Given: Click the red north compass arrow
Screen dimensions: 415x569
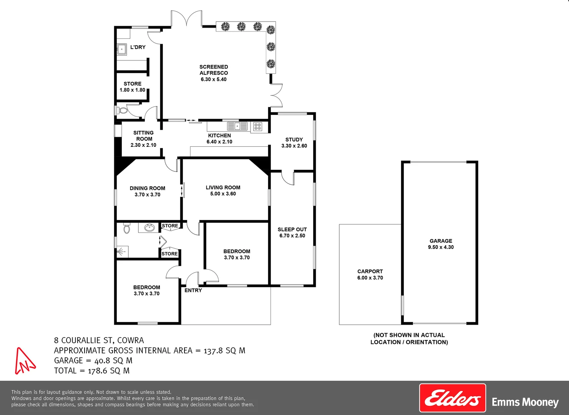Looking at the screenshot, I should point(25,361).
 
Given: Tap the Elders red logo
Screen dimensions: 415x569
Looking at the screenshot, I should point(452,398).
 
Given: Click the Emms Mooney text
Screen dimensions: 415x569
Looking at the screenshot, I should point(525,402).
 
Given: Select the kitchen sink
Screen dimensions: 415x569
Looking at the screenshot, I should point(237,126).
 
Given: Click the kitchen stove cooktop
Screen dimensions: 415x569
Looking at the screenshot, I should point(257,126).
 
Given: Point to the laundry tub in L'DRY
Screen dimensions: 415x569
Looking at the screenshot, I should point(122,50).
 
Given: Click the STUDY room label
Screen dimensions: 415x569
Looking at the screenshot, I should point(294,139).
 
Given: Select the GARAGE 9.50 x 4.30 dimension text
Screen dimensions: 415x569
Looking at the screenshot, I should point(441,247).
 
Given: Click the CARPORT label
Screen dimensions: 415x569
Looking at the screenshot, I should point(370,271).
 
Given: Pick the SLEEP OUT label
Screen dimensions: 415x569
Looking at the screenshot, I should point(292,229).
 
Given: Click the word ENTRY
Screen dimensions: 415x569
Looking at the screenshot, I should point(193,290).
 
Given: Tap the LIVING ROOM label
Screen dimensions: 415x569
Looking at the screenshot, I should point(223,188).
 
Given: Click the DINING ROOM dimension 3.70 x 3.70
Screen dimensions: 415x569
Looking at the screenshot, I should point(148,195).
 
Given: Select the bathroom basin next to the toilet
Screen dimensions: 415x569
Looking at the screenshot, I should point(149,228).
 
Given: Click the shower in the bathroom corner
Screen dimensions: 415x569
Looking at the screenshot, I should point(122,252).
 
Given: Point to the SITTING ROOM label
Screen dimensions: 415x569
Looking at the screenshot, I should point(144,136).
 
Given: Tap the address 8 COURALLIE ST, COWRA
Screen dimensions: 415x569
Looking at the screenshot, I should point(99,340).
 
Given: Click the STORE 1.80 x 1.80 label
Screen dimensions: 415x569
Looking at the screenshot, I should point(133,87).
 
